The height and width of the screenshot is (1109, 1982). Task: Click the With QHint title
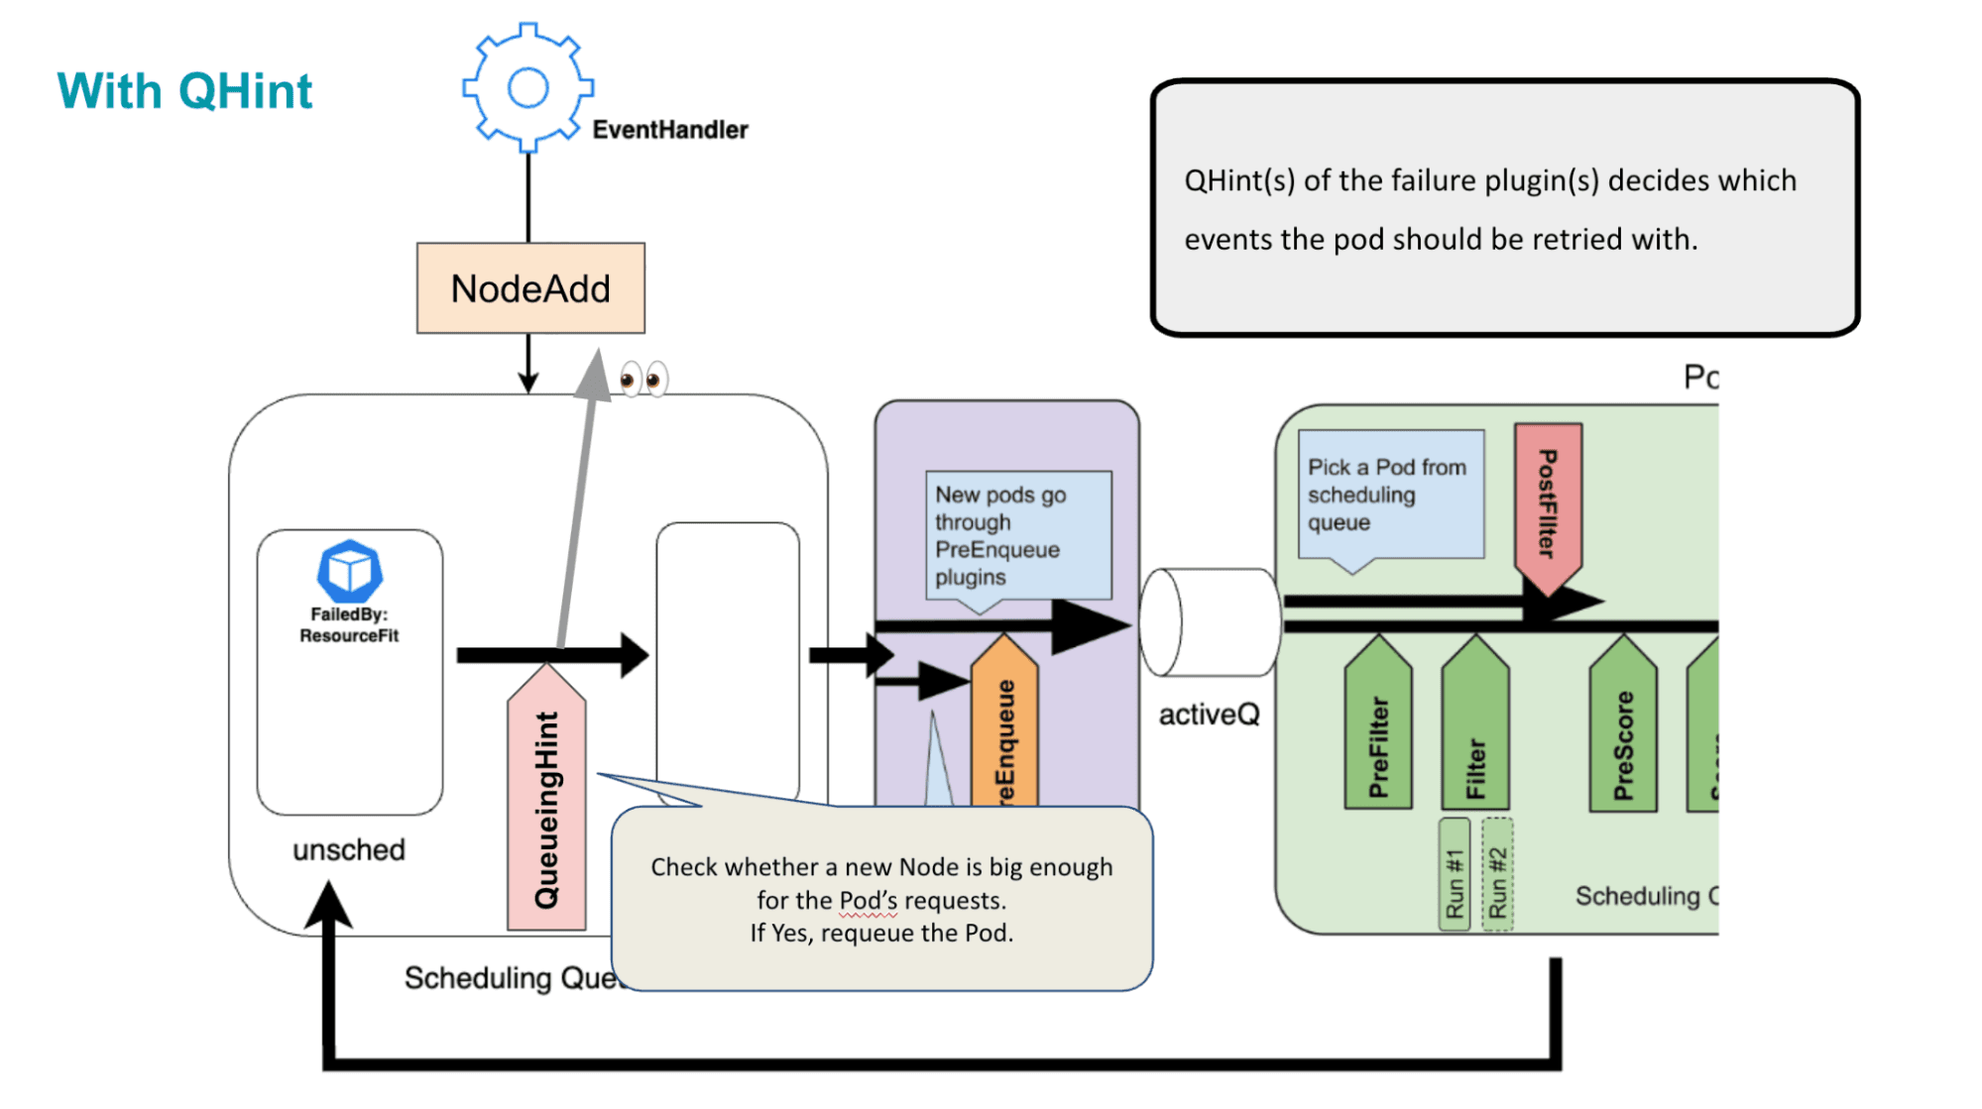pyautogui.click(x=184, y=91)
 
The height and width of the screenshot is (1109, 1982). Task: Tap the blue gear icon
pyautogui.click(x=527, y=87)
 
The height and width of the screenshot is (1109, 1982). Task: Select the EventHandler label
pyautogui.click(x=670, y=130)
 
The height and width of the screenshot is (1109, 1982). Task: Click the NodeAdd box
pyautogui.click(x=530, y=288)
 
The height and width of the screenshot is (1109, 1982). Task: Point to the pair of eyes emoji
pyautogui.click(x=643, y=379)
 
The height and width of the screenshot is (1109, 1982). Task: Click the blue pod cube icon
pyautogui.click(x=349, y=571)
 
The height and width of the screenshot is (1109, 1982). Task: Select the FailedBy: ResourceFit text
pyautogui.click(x=349, y=625)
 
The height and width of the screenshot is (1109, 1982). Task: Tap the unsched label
pyautogui.click(x=349, y=849)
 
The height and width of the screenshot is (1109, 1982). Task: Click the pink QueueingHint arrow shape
pyautogui.click(x=546, y=803)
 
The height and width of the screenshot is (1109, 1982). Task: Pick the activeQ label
pyautogui.click(x=1209, y=715)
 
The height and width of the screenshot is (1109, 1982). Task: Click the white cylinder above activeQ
pyautogui.click(x=1210, y=622)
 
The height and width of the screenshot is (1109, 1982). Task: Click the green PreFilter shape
pyautogui.click(x=1378, y=728)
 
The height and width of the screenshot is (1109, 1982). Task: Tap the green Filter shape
pyautogui.click(x=1475, y=728)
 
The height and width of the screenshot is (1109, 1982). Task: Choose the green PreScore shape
pyautogui.click(x=1623, y=731)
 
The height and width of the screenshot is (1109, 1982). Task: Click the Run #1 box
pyautogui.click(x=1454, y=874)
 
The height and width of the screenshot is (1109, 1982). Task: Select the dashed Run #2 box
pyautogui.click(x=1497, y=874)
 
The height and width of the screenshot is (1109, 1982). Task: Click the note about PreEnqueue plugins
pyautogui.click(x=1018, y=535)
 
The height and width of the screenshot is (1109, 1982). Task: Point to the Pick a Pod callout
pyautogui.click(x=1390, y=495)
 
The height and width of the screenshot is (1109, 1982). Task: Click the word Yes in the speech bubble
pyautogui.click(x=789, y=934)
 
